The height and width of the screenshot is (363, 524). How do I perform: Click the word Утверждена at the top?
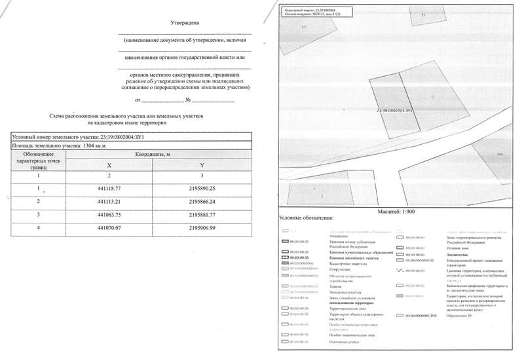(184, 23)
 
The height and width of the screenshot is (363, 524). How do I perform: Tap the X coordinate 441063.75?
(109, 214)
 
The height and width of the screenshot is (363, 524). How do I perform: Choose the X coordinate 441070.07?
(109, 227)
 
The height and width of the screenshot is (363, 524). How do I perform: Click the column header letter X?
(109, 165)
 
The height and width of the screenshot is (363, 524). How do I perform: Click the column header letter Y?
(202, 165)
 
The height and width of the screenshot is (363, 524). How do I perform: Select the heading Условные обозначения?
(306, 218)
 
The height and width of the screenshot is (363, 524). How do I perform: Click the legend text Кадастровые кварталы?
(344, 263)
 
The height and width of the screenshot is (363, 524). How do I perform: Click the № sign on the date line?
(187, 100)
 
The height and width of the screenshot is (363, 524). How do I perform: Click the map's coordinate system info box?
(307, 12)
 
